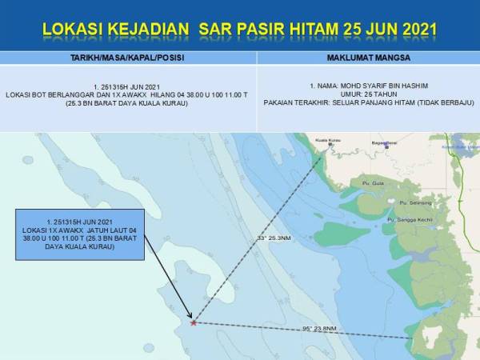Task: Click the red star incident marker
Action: tap(193, 322)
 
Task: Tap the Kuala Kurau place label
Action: tap(328, 140)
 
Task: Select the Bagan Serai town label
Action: tap(374, 142)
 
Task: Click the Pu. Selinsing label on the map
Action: tap(410, 202)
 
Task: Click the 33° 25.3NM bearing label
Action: tap(273, 238)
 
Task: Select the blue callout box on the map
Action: tap(82, 234)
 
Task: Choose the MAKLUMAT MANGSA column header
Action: tap(368, 58)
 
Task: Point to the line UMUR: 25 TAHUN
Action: tap(368, 94)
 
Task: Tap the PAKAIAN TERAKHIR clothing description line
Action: tap(368, 102)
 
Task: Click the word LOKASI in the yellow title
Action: tap(75, 30)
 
